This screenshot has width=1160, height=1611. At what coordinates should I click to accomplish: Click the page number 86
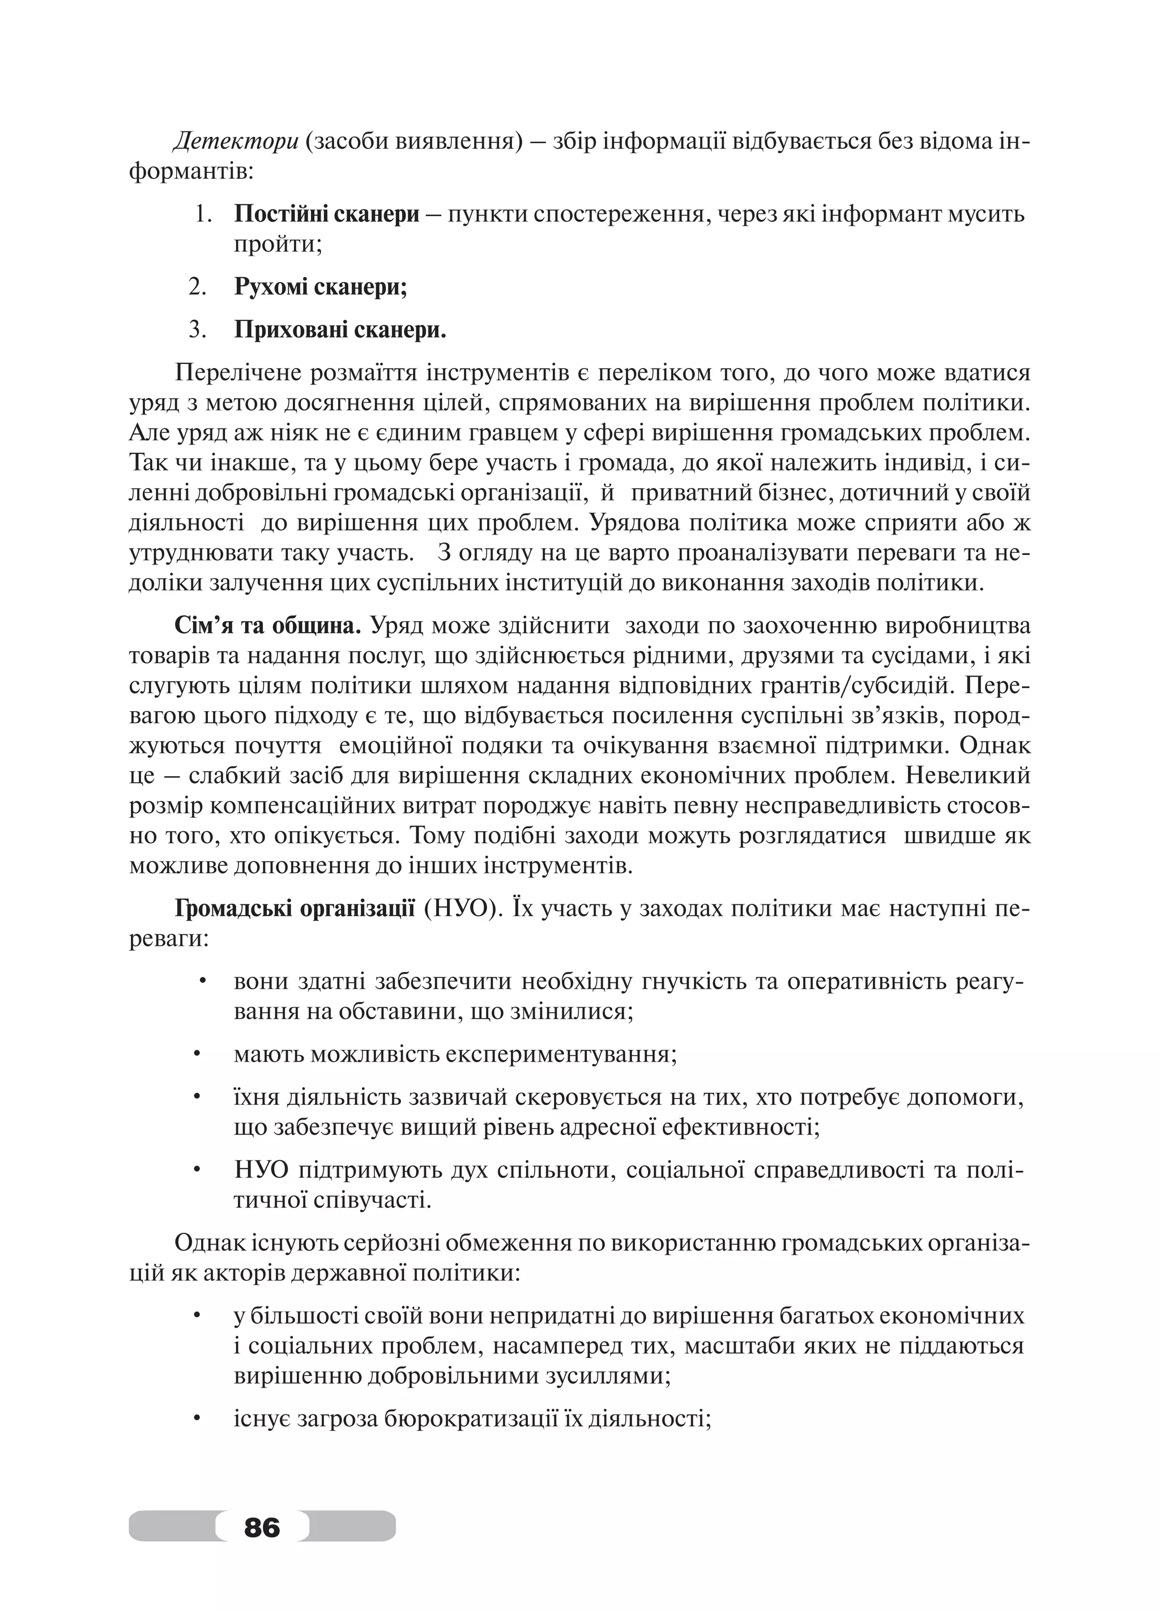click(x=262, y=1527)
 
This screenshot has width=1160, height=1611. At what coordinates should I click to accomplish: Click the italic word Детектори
click(x=236, y=142)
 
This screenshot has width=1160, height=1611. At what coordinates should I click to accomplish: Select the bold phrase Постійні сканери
click(x=327, y=214)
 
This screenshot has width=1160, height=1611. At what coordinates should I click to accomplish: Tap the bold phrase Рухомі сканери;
click(x=321, y=287)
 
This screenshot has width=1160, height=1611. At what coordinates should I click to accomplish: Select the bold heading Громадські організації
click(x=295, y=908)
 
